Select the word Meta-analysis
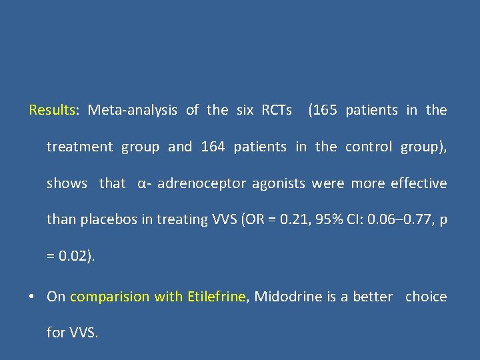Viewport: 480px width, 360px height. tap(132, 110)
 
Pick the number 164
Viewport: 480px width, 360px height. tap(213, 147)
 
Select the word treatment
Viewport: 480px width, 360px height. tap(79, 147)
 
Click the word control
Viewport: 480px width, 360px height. tap(369, 147)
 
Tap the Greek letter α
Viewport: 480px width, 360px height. tap(141, 183)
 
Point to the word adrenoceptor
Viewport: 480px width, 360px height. tap(201, 183)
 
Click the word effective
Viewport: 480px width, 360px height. tap(420, 183)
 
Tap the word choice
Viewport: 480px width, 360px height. tap(426, 297)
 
